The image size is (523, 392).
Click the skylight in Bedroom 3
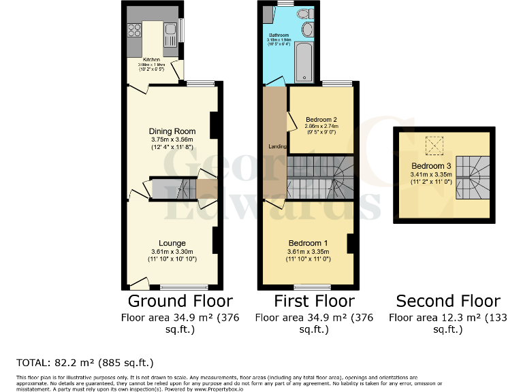click(433, 145)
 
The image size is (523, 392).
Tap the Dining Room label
click(172, 131)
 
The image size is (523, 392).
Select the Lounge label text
click(172, 243)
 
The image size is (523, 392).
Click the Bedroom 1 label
click(308, 243)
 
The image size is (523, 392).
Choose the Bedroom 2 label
click(321, 120)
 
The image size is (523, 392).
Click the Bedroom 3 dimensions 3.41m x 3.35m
click(430, 175)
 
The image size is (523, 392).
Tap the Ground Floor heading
click(180, 301)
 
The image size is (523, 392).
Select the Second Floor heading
click(448, 301)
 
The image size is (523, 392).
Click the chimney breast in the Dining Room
click(214, 124)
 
